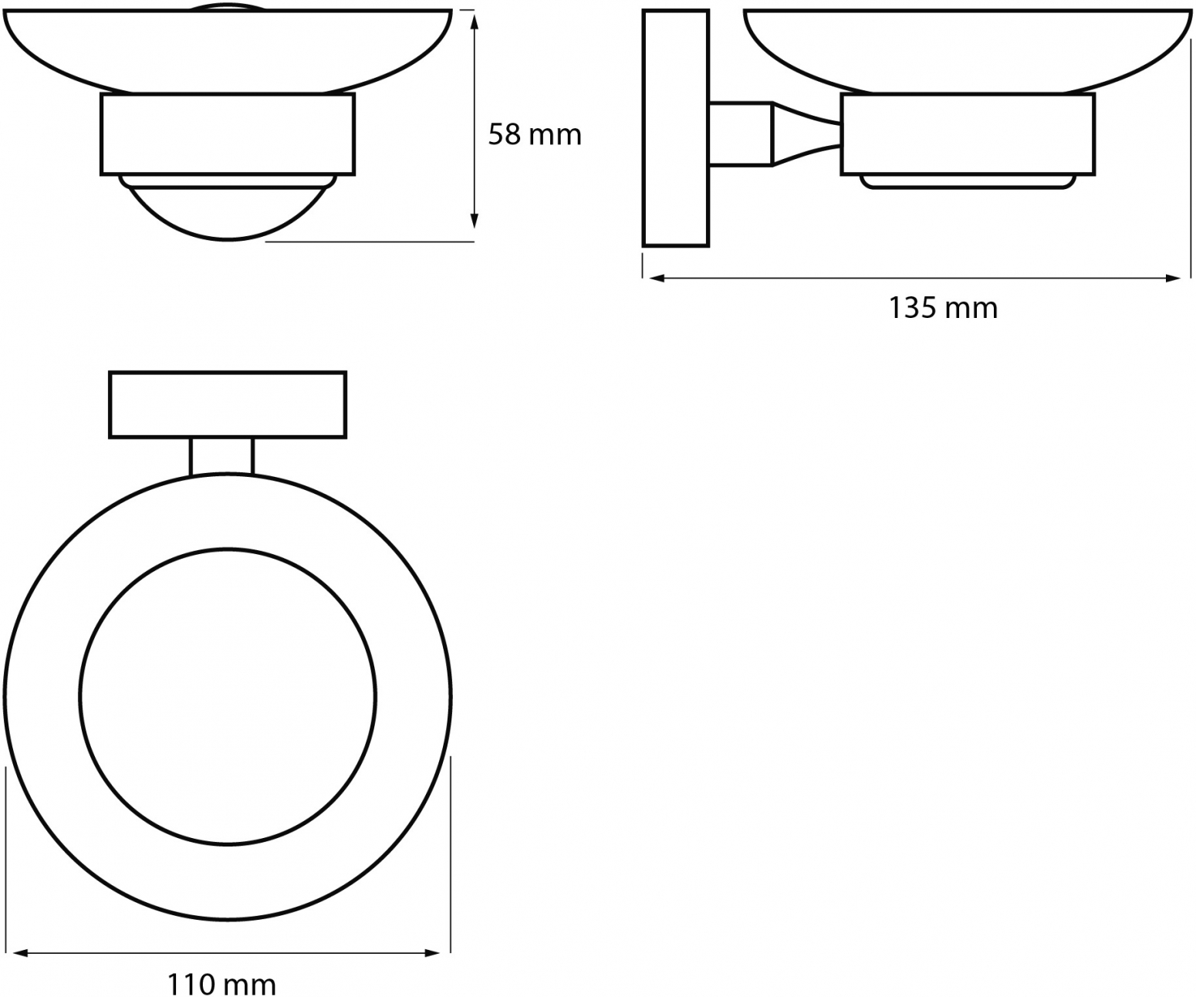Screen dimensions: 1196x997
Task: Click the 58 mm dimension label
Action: pyautogui.click(x=535, y=134)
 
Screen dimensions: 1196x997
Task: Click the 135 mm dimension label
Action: pyautogui.click(x=943, y=308)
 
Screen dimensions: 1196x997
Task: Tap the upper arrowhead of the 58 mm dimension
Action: pyautogui.click(x=474, y=21)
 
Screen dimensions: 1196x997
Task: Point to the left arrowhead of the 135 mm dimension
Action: pyautogui.click(x=656, y=279)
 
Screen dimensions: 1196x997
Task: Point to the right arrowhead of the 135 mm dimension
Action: pyautogui.click(x=1173, y=279)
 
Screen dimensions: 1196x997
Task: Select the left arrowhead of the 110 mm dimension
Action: pyautogui.click(x=21, y=954)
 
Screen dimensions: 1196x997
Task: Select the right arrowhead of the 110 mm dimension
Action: pyautogui.click(x=432, y=954)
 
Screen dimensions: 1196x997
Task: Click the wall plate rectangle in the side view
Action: pyautogui.click(x=676, y=128)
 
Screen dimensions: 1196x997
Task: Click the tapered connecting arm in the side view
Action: pyautogui.click(x=806, y=134)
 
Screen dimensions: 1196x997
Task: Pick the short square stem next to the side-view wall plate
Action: pyautogui.click(x=742, y=134)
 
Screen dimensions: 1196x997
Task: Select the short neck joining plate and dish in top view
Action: pyautogui.click(x=221, y=457)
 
